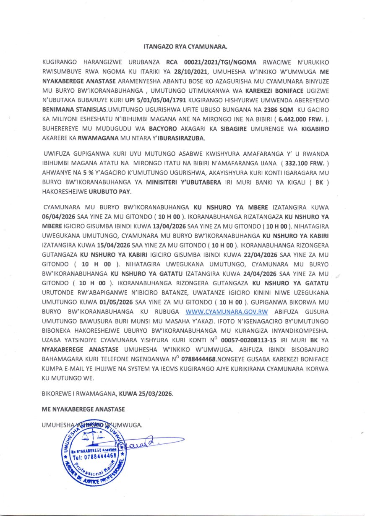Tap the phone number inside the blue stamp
pos(94,455)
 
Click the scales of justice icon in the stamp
pos(95,436)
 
